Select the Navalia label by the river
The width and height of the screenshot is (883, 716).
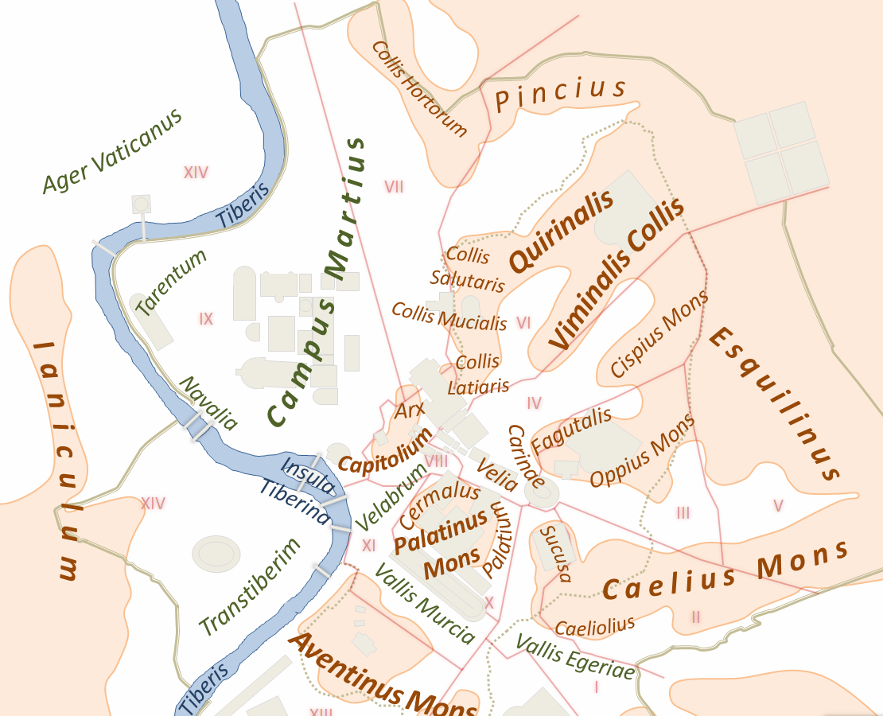click(208, 403)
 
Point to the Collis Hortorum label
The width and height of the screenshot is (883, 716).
click(419, 88)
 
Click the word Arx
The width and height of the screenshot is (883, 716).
click(410, 411)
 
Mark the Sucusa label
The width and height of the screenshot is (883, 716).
click(555, 553)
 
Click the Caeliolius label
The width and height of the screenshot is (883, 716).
click(595, 625)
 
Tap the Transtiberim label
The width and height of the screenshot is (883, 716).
click(251, 587)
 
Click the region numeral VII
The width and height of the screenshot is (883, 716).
click(394, 187)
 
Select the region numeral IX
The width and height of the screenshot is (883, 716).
click(206, 319)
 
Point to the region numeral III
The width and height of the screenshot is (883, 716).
click(683, 512)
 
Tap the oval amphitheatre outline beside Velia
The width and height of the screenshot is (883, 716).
click(542, 492)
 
